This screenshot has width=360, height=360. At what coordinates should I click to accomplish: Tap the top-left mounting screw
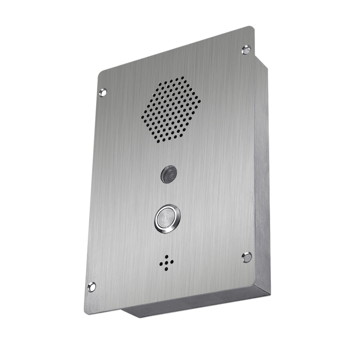[103, 93]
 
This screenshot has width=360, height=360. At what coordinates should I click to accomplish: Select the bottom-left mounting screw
[92, 286]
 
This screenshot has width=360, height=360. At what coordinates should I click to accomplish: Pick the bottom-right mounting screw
[247, 257]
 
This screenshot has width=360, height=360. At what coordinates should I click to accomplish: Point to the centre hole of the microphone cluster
[166, 263]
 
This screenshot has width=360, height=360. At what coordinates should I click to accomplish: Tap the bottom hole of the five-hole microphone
[166, 269]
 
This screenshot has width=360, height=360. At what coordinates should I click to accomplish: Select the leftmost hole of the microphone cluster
[161, 265]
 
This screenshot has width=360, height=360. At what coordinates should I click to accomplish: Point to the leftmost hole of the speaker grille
[143, 118]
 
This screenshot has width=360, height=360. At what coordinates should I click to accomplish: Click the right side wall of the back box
[262, 180]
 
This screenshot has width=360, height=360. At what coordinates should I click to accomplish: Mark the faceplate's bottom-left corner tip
[85, 311]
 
